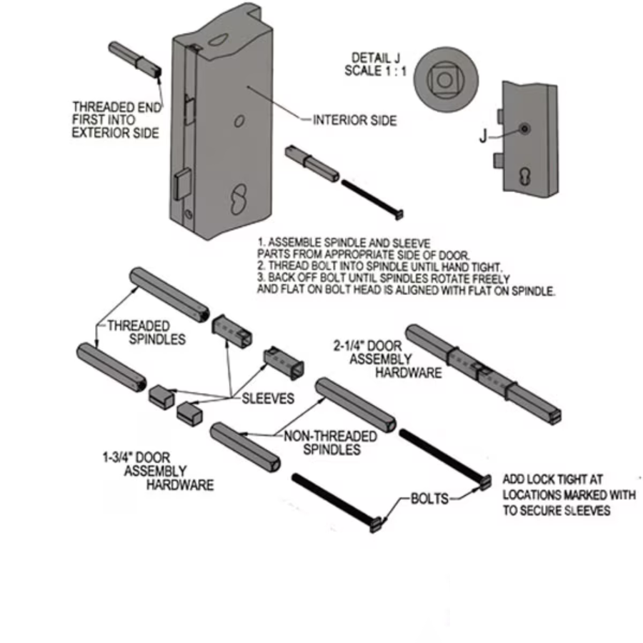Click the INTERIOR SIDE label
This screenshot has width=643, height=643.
coord(354,120)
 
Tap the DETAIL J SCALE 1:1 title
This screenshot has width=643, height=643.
coord(376,64)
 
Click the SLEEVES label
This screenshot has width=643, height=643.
coord(268,399)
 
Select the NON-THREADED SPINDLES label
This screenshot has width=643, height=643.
coord(331,443)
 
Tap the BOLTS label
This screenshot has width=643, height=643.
coord(429,498)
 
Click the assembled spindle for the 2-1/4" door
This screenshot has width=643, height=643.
coord(483,372)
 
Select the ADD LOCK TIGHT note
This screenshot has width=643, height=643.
coord(569,494)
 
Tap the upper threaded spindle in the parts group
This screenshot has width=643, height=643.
coord(169,293)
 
